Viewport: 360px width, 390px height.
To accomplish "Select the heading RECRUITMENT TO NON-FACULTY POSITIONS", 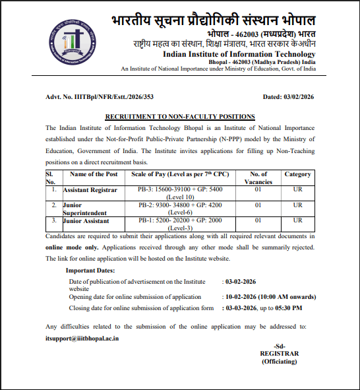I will point(180,116).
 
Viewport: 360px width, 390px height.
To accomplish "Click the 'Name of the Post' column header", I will point(93,174).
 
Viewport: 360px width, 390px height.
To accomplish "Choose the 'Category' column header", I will point(297,174).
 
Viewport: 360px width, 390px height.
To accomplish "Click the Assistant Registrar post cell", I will point(90,189).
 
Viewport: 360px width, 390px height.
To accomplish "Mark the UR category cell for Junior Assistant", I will point(297,220).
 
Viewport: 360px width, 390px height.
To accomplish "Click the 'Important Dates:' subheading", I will point(90,271).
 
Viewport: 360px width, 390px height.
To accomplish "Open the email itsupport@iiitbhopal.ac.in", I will point(82,338).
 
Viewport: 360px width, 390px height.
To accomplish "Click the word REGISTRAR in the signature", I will point(279,354).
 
